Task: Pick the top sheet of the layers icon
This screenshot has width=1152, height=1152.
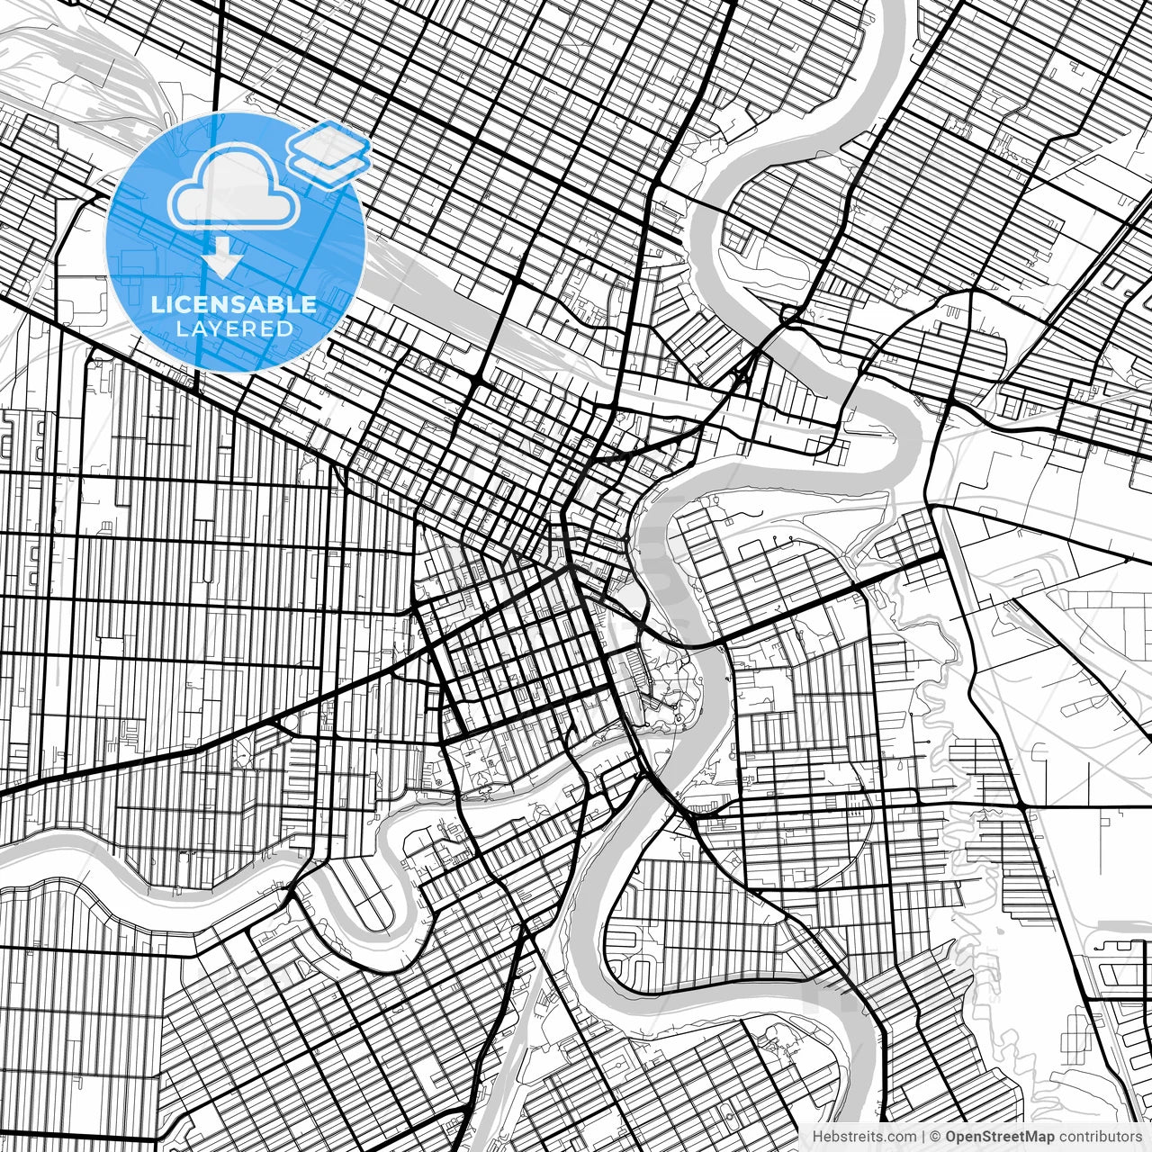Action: pyautogui.click(x=328, y=140)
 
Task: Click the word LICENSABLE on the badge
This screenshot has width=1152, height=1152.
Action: pyautogui.click(x=234, y=304)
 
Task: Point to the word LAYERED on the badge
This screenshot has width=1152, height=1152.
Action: pyautogui.click(x=234, y=329)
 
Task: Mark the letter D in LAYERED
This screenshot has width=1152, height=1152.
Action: pyautogui.click(x=285, y=329)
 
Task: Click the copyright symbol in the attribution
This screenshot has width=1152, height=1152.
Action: pyautogui.click(x=936, y=1137)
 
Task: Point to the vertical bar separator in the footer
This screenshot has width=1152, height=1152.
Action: pyautogui.click(x=925, y=1137)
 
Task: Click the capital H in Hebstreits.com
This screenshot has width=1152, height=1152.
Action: pyautogui.click(x=817, y=1137)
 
